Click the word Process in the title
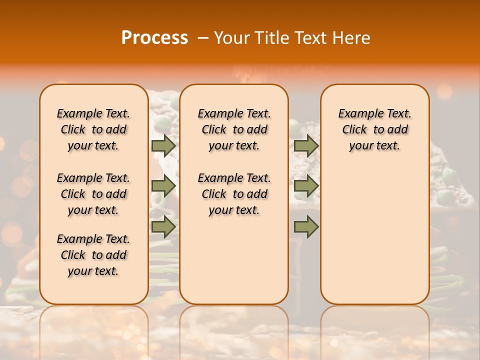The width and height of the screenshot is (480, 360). (154, 38)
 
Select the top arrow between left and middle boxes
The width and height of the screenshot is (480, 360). (163, 145)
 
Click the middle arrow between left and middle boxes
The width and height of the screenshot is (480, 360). (163, 186)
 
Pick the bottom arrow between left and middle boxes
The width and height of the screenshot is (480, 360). (163, 226)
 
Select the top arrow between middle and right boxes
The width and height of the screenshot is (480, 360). (306, 145)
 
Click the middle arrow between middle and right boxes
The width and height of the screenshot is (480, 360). (306, 186)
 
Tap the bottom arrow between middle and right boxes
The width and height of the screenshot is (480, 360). (306, 226)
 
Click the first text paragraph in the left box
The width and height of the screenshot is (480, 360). (93, 129)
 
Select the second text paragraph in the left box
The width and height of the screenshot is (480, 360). (93, 194)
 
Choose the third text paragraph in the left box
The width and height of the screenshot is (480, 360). (93, 255)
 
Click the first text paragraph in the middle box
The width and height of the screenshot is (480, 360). (234, 129)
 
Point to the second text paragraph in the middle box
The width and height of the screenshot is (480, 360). (234, 194)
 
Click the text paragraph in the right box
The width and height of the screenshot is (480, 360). (374, 129)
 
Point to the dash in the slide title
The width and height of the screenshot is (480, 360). (203, 38)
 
